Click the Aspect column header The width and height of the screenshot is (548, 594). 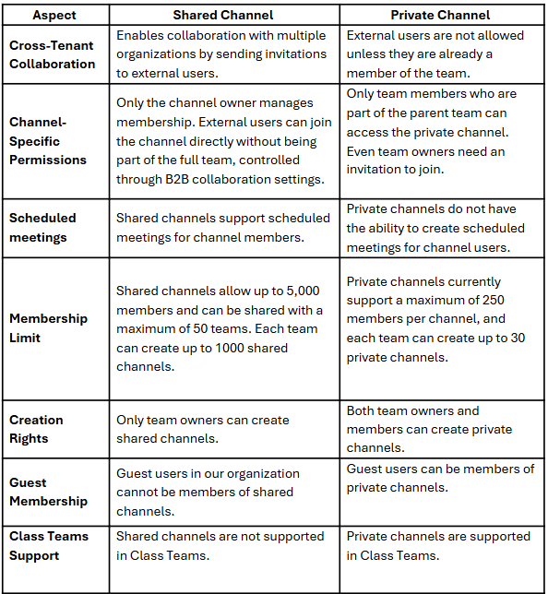tap(54, 15)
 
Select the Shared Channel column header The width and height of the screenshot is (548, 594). tap(222, 15)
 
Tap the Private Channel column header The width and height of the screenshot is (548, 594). tap(441, 15)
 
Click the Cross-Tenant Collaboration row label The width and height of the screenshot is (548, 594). tap(53, 54)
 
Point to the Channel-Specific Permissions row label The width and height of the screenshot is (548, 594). tap(48, 141)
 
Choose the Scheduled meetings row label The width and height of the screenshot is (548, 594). tap(42, 227)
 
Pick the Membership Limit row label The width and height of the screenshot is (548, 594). tap(49, 327)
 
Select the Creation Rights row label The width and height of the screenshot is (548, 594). tap(37, 429)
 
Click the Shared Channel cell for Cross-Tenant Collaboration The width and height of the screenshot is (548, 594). tap(223, 54)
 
